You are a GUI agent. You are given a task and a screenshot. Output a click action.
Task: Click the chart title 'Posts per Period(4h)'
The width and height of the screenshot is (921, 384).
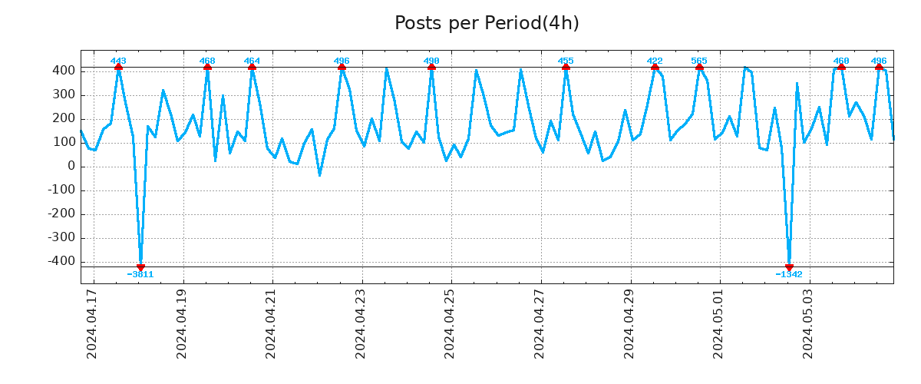click(x=487, y=24)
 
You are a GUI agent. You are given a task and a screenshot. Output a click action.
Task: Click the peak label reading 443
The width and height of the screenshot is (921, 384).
click(x=118, y=61)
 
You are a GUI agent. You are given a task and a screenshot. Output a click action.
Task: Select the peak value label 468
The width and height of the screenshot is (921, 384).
click(x=207, y=61)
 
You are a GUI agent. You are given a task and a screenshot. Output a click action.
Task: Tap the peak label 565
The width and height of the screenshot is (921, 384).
click(x=699, y=61)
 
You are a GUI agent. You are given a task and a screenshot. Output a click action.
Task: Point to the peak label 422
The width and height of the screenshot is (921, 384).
click(x=655, y=61)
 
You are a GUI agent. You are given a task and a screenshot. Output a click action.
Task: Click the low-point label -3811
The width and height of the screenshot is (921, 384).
click(x=140, y=274)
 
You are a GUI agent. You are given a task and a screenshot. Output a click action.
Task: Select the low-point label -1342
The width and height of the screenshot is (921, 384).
click(x=789, y=274)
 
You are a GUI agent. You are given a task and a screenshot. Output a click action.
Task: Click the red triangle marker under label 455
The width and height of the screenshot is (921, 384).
click(x=566, y=68)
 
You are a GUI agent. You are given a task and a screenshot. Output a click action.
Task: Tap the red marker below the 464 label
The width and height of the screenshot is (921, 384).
click(x=252, y=68)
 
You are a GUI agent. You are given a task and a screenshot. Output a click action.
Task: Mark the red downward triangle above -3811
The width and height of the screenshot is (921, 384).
click(x=140, y=267)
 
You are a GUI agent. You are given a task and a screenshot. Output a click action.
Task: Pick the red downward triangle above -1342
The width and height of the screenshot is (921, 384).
click(x=789, y=267)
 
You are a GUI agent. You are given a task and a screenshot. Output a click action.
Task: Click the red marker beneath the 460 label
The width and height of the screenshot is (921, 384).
click(x=841, y=68)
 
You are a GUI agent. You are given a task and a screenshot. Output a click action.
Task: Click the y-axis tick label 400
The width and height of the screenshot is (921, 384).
click(x=64, y=71)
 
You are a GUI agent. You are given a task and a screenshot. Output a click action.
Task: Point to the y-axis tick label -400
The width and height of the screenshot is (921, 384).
click(x=61, y=262)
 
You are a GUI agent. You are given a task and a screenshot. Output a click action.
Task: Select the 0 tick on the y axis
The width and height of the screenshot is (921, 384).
click(x=71, y=167)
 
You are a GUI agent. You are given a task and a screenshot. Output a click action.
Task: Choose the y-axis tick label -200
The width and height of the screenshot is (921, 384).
click(x=61, y=214)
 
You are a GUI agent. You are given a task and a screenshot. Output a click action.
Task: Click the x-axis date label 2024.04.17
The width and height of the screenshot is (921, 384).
click(x=92, y=323)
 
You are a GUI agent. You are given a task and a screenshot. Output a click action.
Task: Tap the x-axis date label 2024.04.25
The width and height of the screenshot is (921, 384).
click(x=451, y=323)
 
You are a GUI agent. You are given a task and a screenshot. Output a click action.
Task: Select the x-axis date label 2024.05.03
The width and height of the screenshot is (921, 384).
click(x=809, y=323)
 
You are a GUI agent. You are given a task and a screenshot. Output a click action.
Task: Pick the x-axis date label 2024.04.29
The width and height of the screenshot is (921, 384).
click(x=630, y=323)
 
